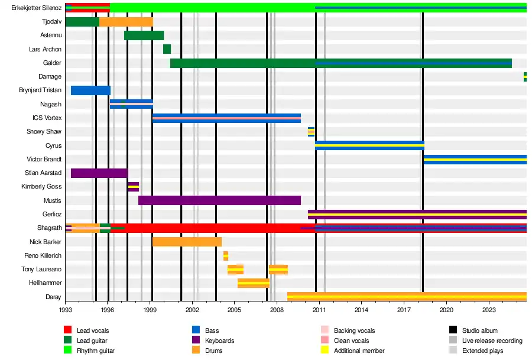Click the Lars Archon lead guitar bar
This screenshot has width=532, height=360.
(x=167, y=49)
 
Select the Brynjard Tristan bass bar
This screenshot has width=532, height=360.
(x=90, y=90)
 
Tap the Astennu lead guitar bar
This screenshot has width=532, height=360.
(x=144, y=35)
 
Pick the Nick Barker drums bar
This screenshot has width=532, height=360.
(x=187, y=242)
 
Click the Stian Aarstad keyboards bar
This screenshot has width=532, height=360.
(x=99, y=173)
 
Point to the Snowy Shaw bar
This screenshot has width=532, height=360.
(x=311, y=132)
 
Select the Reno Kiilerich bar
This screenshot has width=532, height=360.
(x=226, y=256)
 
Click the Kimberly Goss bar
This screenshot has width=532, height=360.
(x=134, y=187)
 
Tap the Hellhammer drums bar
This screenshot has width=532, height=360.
(x=253, y=283)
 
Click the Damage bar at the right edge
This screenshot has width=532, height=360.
(x=525, y=77)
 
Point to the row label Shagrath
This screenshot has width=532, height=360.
(x=49, y=228)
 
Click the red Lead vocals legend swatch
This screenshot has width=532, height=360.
(x=68, y=330)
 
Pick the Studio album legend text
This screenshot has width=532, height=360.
(x=481, y=330)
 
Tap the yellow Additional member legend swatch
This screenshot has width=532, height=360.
(x=325, y=351)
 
